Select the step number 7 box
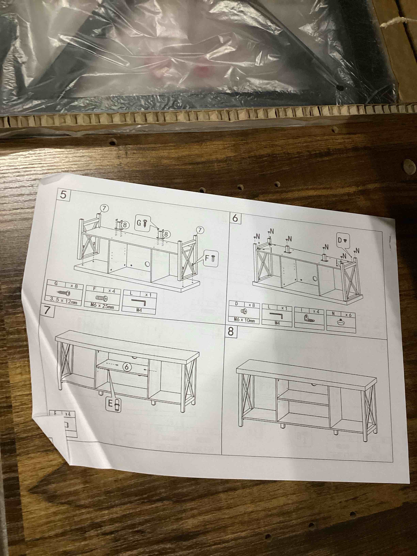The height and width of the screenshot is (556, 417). click(47, 310)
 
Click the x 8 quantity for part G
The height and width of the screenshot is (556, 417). click(74, 286)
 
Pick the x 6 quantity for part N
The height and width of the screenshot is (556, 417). click(348, 315)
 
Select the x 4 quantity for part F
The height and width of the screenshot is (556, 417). click(111, 291)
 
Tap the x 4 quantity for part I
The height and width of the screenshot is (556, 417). click(316, 311)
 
